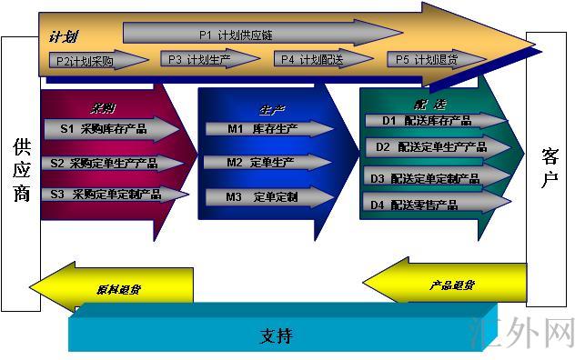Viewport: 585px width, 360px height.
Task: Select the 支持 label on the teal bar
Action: coord(277,335)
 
